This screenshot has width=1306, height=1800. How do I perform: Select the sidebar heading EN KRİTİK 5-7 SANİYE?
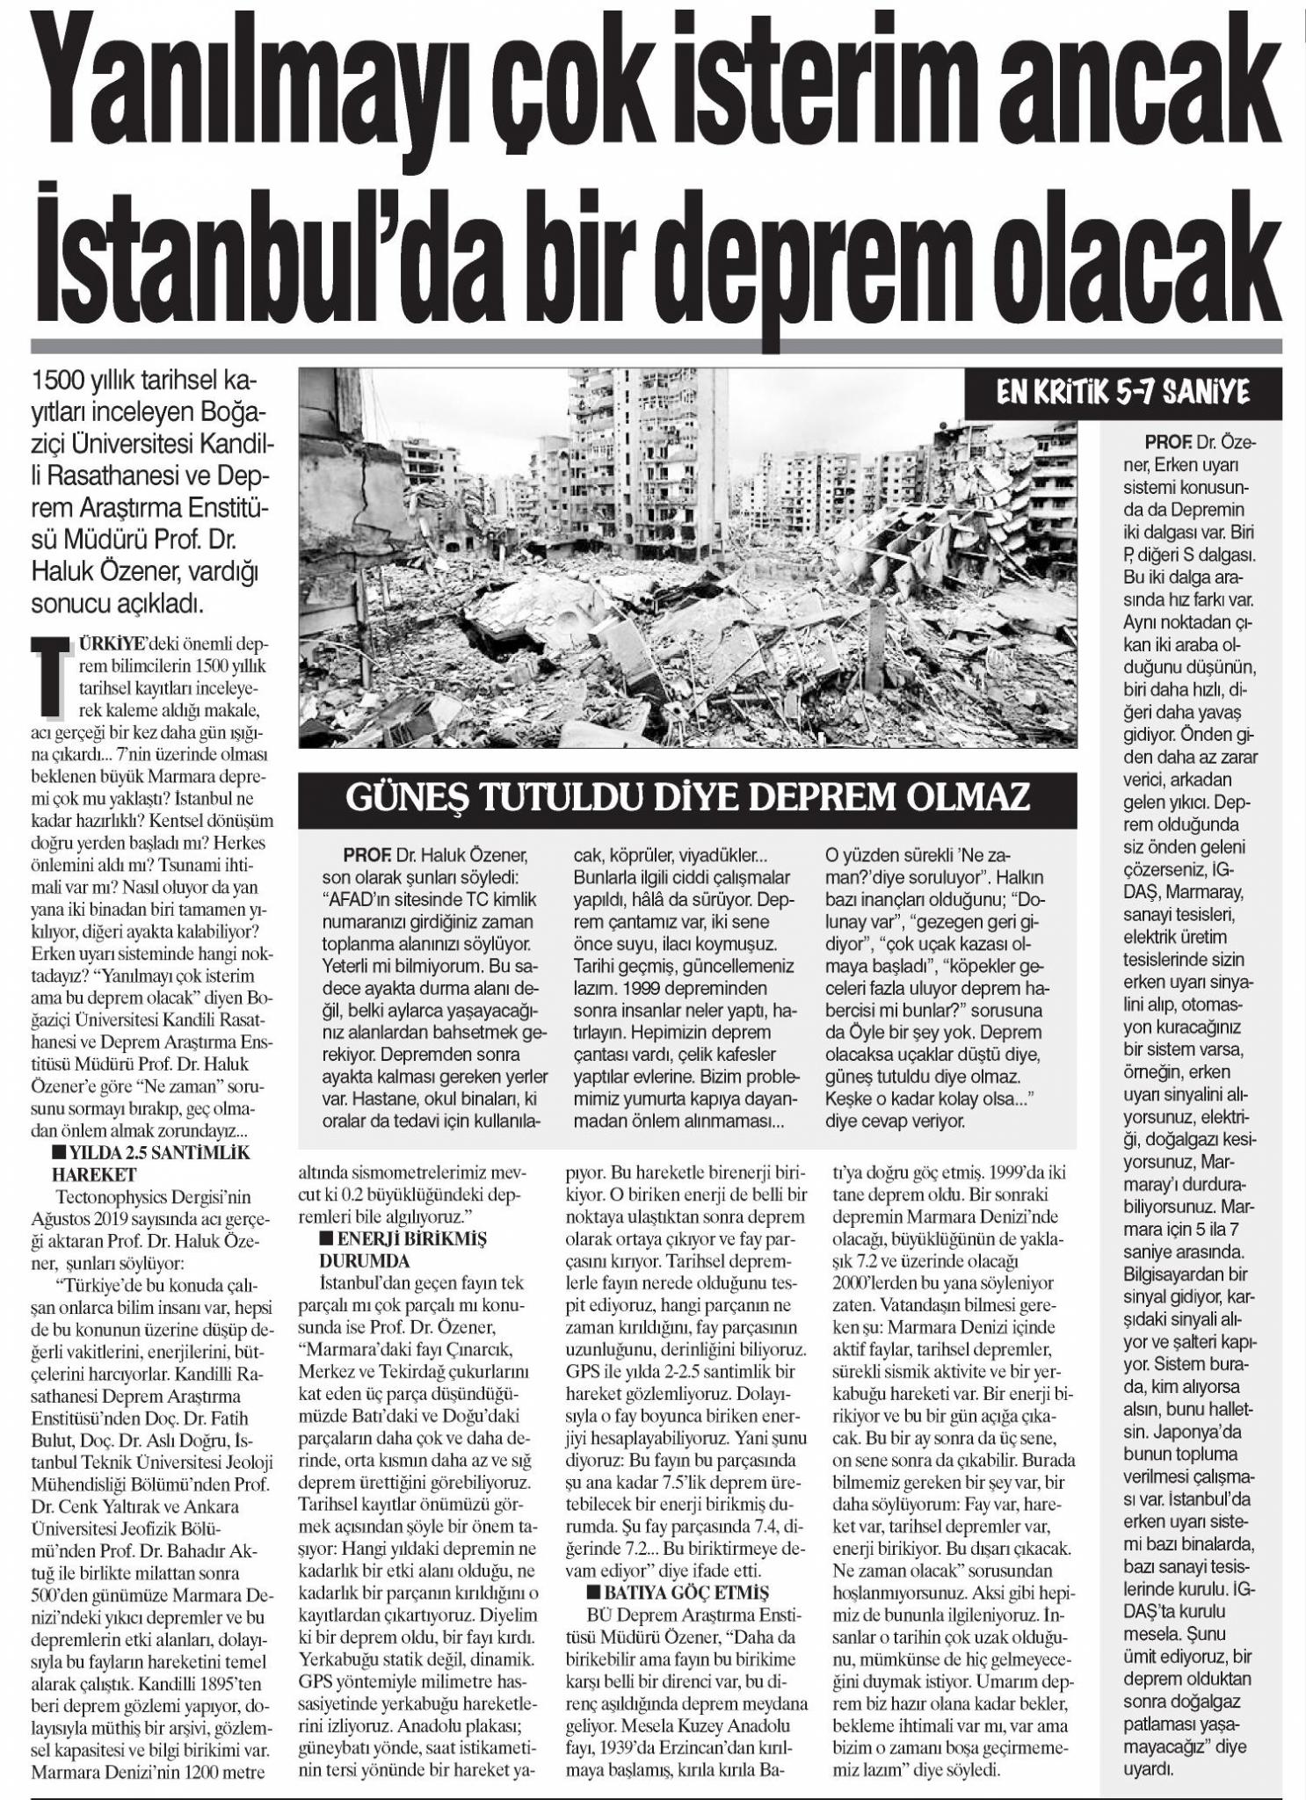[x=1128, y=393]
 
